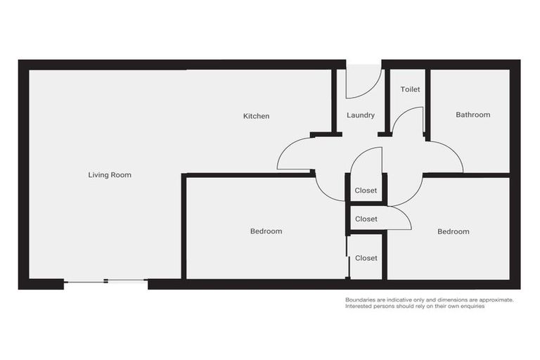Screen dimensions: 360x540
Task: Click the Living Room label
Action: tap(110, 175)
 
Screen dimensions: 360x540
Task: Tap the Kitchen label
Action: tap(256, 116)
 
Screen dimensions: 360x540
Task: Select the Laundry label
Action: tap(361, 115)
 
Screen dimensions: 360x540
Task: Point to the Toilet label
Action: tap(410, 89)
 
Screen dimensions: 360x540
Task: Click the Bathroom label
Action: tap(472, 115)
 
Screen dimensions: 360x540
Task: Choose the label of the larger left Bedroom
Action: tap(266, 231)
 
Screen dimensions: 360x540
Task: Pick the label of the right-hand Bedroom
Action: tap(453, 231)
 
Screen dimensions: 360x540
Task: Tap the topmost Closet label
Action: tap(366, 191)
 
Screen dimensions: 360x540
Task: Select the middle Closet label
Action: tap(366, 219)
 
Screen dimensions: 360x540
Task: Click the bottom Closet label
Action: tap(366, 258)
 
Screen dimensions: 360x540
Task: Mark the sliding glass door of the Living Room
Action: tap(105, 282)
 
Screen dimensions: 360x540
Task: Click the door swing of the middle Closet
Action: tap(399, 219)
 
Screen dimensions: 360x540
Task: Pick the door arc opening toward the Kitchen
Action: tap(295, 153)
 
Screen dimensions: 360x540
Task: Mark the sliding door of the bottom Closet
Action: tap(348, 256)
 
